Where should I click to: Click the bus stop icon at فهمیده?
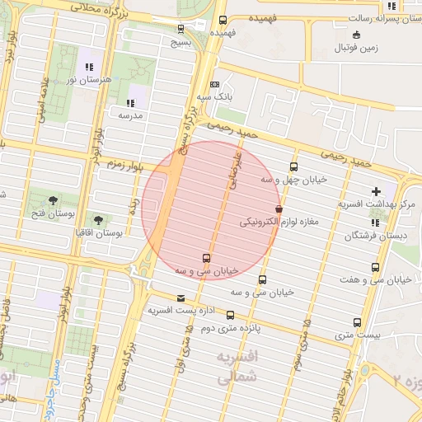coord(222,21)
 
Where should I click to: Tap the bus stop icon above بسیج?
coord(181,29)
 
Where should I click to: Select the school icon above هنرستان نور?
coord(89,68)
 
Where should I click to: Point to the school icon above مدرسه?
coord(130,103)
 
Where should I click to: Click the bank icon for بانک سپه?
coord(215,84)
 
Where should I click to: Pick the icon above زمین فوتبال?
coord(356,35)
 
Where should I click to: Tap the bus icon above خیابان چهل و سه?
coord(293,167)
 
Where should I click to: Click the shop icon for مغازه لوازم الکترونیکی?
coord(279,209)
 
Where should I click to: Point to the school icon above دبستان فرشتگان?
coord(376,223)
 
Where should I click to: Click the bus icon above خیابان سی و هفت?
coord(376,268)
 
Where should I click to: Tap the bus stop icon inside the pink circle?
coord(206,258)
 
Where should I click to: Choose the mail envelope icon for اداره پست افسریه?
coord(181,298)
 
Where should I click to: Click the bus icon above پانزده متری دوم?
coord(230,315)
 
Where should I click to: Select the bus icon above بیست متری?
coord(358,322)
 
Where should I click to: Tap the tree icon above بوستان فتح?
coord(54,199)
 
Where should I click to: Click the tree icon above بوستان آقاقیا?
coord(99,220)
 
